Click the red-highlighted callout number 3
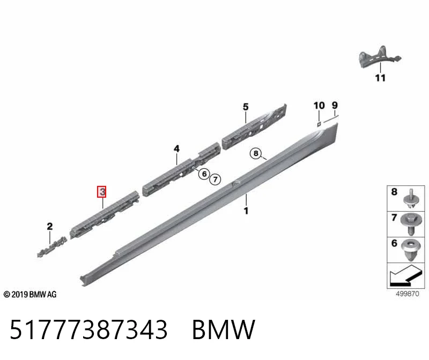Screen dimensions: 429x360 102,192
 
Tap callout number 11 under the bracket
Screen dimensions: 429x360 380,78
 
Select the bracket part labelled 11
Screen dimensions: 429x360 380,57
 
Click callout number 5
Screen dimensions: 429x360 246,107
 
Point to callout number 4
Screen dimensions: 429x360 177,149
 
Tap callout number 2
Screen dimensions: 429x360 49,226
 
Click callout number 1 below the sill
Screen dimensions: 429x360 246,211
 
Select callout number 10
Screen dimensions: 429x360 319,106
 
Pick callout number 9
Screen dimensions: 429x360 335,105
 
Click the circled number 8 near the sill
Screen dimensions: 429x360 256,153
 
